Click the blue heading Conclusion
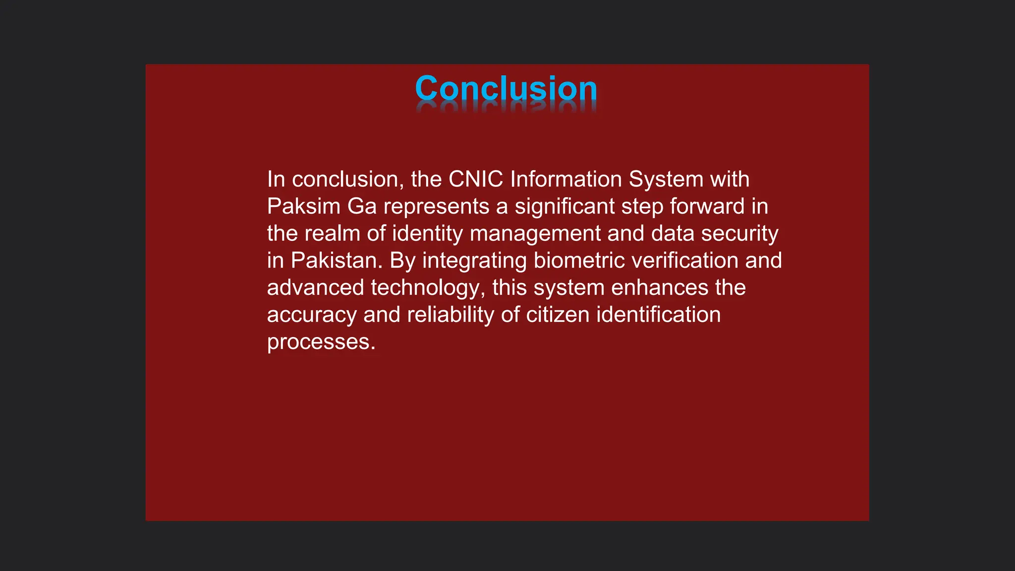[506, 89]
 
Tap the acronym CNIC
[476, 179]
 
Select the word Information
[566, 179]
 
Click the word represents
[436, 207]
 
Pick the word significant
[564, 207]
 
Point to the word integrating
[474, 261]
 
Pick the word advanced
[316, 288]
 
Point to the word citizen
[558, 315]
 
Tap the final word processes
[321, 342]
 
